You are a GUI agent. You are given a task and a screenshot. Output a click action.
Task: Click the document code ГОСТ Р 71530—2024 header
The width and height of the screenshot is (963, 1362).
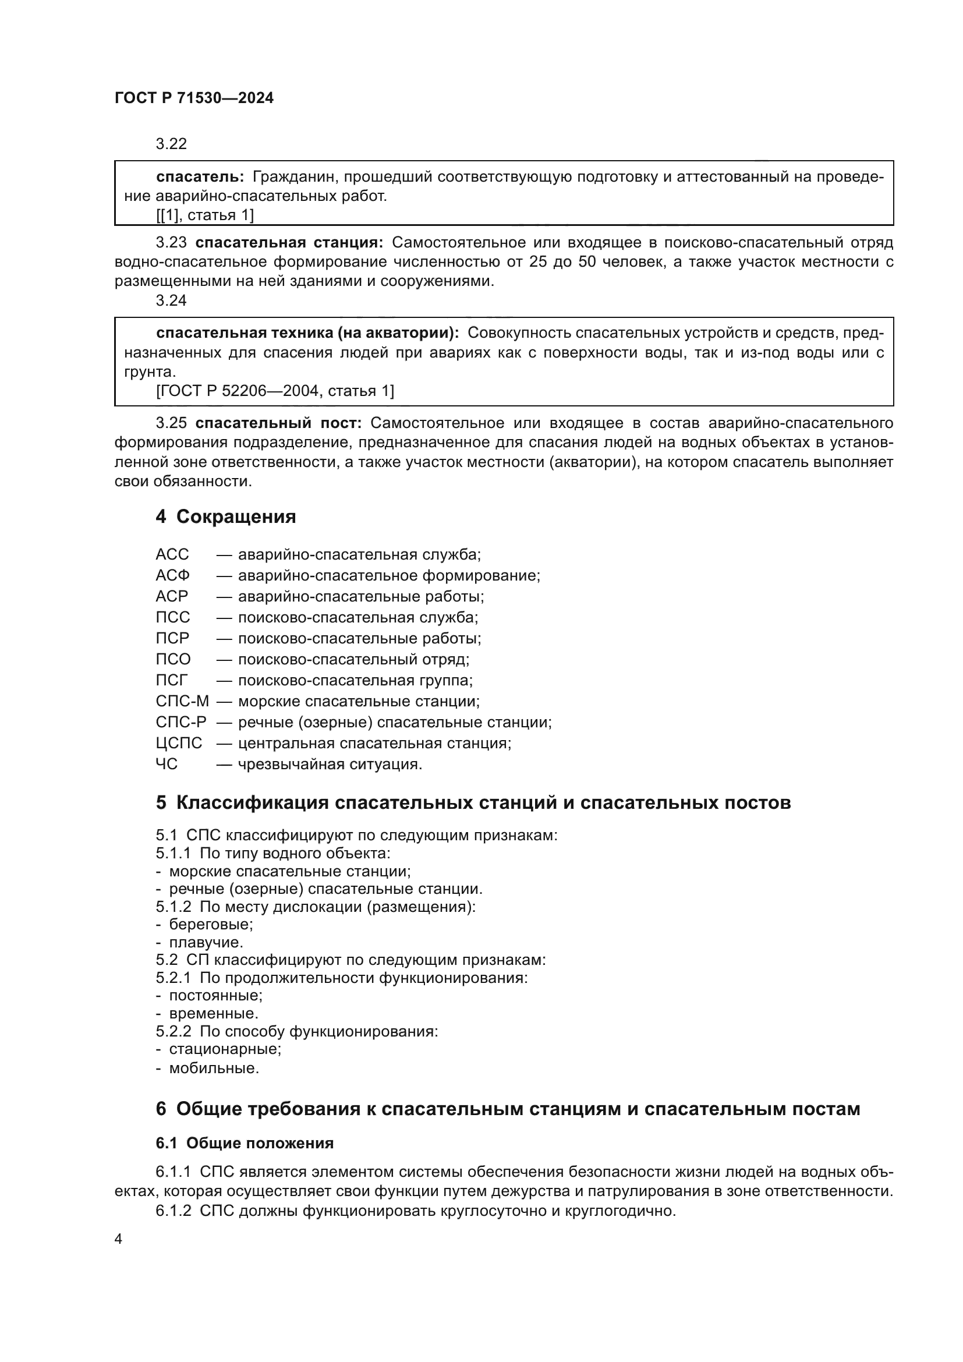194,98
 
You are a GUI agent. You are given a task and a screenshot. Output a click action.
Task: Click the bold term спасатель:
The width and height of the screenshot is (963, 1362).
200,177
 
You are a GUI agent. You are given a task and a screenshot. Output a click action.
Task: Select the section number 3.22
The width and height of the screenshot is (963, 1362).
171,144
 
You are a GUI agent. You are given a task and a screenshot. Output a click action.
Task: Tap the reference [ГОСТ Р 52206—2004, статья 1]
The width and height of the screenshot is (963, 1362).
275,391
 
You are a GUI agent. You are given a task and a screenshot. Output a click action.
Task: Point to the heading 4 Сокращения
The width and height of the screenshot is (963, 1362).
225,517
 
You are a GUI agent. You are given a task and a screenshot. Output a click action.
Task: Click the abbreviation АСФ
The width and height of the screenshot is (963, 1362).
172,575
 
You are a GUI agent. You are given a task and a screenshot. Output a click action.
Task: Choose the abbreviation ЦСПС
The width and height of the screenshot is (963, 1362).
179,743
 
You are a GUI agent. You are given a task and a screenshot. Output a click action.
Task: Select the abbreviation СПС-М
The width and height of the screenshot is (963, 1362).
182,701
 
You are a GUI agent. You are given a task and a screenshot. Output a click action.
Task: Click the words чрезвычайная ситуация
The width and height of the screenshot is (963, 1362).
330,764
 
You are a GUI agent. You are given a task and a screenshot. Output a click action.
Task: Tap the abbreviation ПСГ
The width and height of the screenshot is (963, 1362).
171,680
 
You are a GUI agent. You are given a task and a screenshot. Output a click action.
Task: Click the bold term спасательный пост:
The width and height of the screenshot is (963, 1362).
278,423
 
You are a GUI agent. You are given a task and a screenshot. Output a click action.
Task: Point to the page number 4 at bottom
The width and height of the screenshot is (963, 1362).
118,1239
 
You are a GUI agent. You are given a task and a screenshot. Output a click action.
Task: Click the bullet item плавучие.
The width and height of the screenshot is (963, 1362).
206,942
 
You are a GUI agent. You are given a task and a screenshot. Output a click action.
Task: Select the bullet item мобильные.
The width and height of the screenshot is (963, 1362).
214,1069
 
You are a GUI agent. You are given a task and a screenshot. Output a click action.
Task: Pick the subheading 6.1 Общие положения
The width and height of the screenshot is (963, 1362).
245,1143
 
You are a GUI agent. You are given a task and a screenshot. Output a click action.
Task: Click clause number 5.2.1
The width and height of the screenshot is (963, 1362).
173,978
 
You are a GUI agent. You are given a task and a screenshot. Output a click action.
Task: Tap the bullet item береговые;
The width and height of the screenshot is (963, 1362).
211,924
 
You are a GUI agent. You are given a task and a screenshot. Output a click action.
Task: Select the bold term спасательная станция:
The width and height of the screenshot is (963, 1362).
289,243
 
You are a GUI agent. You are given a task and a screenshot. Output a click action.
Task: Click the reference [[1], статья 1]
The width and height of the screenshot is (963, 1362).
204,215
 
